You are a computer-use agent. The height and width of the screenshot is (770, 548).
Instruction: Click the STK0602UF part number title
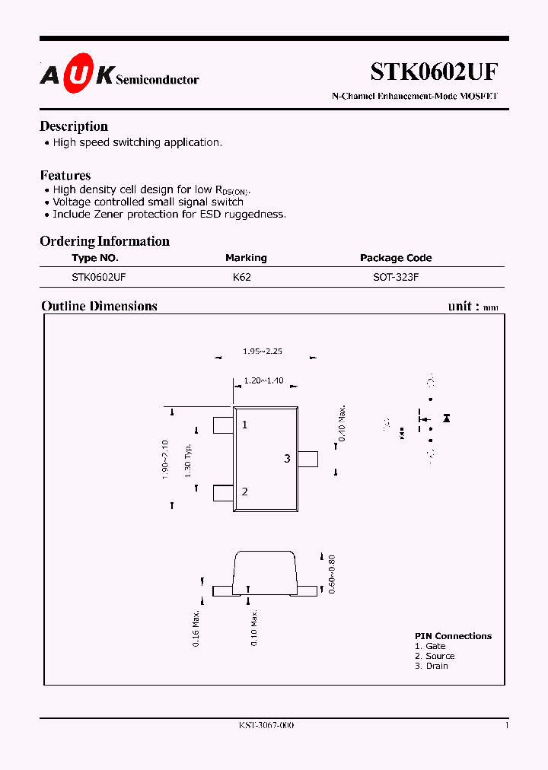(434, 72)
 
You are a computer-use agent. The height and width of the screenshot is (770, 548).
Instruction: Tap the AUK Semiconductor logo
(119, 75)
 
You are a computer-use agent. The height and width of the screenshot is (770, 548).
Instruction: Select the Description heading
(74, 126)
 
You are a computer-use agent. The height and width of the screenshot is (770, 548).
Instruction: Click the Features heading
(65, 175)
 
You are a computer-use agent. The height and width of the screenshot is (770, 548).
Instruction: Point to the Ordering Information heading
(104, 241)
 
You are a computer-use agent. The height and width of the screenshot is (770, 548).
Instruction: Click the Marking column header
(246, 258)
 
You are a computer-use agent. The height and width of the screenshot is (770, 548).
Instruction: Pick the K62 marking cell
(241, 278)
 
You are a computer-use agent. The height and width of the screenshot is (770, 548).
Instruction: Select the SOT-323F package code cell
(396, 278)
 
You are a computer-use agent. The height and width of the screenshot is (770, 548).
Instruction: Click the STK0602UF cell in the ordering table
(98, 278)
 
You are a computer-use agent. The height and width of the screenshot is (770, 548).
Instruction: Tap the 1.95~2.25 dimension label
(263, 352)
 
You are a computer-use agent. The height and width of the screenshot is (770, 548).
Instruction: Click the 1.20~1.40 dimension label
(263, 380)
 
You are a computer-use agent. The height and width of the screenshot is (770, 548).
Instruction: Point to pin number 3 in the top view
(287, 459)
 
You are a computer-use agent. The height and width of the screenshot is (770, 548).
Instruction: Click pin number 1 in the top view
(244, 425)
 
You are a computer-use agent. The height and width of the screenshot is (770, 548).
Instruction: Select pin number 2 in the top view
(244, 492)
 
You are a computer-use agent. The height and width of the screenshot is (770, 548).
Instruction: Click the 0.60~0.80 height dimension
(331, 574)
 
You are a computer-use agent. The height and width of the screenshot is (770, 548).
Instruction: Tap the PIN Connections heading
(453, 636)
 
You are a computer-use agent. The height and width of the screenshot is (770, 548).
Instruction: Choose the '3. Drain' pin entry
(432, 666)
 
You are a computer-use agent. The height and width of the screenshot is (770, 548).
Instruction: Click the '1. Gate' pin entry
(430, 646)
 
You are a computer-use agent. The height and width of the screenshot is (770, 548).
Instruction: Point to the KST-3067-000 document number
(261, 725)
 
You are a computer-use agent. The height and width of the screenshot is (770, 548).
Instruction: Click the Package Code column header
(396, 258)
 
